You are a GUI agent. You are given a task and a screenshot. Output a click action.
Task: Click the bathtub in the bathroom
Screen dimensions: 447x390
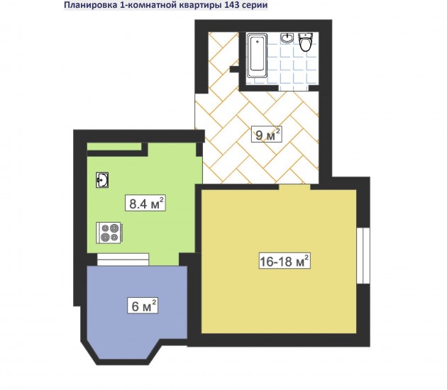[x=257, y=55]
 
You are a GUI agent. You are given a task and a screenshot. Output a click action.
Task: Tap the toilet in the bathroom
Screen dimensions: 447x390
[x=305, y=42]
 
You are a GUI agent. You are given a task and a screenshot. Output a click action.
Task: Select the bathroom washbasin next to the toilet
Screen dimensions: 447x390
[x=287, y=38]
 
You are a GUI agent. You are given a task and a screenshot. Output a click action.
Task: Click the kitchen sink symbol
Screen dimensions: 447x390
[x=102, y=180]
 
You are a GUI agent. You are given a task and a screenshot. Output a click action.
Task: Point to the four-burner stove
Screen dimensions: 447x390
[x=110, y=233]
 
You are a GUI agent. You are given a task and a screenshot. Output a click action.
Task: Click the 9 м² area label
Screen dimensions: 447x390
[x=267, y=134]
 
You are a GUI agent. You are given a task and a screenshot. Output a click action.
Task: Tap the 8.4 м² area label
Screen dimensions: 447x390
[x=145, y=203]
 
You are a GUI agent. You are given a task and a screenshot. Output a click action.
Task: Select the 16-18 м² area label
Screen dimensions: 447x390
[x=285, y=261]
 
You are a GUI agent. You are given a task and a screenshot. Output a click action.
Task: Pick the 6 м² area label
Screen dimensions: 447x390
[x=143, y=306]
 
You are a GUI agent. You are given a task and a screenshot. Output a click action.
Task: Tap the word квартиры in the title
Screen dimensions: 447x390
[x=203, y=6]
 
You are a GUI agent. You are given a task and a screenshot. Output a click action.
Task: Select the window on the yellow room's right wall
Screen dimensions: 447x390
[x=363, y=255]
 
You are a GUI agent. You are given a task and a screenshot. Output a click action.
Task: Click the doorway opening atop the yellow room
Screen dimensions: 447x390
[x=294, y=187]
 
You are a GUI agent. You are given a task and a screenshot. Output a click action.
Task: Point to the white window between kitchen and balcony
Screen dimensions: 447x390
[x=123, y=260]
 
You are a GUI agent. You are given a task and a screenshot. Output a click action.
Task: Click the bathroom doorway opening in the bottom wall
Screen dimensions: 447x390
[x=294, y=88]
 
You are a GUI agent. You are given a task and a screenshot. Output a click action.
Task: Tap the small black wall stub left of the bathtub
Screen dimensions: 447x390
[x=234, y=69]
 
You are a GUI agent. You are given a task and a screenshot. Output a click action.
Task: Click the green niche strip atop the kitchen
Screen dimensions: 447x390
[x=114, y=147]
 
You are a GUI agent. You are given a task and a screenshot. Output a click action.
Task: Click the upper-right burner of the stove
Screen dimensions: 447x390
[x=114, y=228]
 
